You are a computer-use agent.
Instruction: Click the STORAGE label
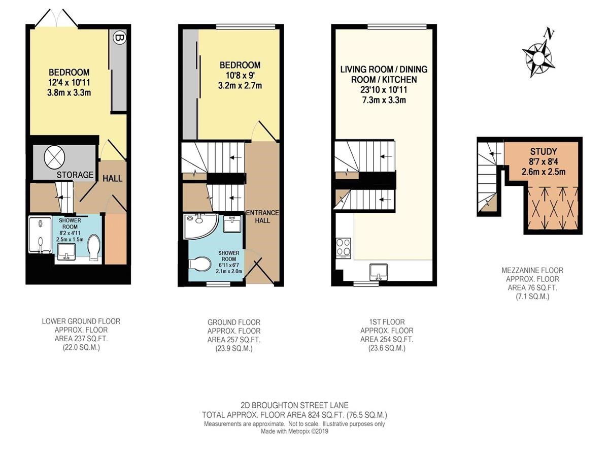(75, 175)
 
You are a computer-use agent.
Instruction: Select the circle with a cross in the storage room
(54, 156)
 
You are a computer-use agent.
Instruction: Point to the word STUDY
(544, 151)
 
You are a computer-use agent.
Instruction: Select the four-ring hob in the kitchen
(344, 247)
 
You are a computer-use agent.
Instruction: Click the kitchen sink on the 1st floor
(379, 271)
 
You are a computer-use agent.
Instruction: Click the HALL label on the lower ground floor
(112, 178)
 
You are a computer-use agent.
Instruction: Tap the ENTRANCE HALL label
(262, 217)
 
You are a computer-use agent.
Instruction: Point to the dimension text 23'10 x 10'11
(384, 90)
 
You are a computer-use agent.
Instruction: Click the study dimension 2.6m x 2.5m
(543, 172)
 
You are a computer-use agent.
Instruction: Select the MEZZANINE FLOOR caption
(532, 270)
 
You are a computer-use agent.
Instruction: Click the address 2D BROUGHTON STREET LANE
(294, 405)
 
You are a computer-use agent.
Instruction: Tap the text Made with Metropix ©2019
(294, 431)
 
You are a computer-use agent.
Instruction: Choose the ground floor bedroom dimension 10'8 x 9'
(240, 75)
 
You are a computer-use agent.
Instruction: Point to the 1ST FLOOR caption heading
(387, 322)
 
